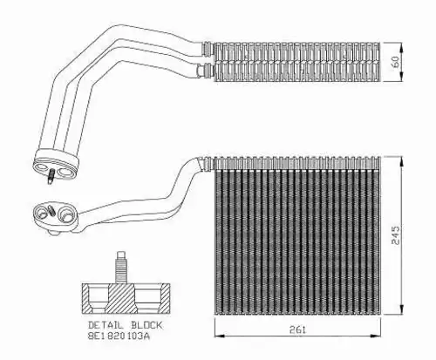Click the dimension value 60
click(x=396, y=62)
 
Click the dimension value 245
click(x=396, y=235)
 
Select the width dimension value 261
click(x=297, y=329)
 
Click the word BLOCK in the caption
click(x=146, y=325)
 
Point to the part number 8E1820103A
click(x=119, y=336)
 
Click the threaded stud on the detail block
click(x=121, y=268)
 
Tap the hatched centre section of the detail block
click(x=121, y=299)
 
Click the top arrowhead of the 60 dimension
click(x=401, y=46)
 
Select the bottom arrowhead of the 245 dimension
click(x=401, y=309)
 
